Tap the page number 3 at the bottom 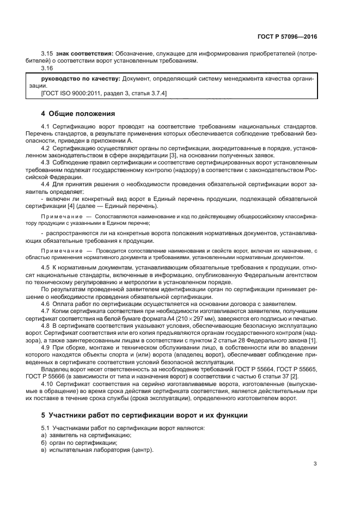(315, 464)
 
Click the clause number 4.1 (46, 126)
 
